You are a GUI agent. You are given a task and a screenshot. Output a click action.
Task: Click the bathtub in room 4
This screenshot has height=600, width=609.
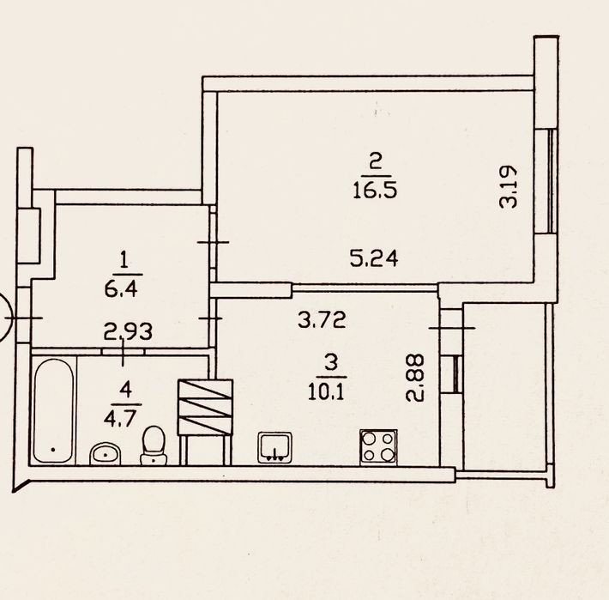point(53,411)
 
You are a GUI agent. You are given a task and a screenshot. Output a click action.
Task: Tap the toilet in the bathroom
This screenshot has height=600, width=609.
point(154,445)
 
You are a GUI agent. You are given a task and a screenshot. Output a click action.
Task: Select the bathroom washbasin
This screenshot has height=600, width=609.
point(105,453)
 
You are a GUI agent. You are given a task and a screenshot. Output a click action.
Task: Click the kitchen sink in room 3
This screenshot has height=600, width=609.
point(275,448)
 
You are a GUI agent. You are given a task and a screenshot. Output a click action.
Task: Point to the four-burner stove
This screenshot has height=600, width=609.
point(378,447)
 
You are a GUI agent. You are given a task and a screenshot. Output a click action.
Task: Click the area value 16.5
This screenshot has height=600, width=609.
point(375,191)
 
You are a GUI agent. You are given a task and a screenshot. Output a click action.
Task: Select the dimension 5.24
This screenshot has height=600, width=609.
point(374,258)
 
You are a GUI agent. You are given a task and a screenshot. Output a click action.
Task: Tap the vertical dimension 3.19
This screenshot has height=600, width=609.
point(509,187)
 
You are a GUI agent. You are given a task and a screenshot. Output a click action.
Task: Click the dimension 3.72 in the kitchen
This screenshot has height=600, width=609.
point(322,320)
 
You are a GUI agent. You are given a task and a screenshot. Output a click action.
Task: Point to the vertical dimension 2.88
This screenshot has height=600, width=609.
point(414,378)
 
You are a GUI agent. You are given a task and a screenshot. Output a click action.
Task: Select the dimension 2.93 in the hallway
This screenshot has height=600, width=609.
point(128,332)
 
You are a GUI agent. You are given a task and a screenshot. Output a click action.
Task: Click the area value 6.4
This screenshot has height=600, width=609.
point(121,289)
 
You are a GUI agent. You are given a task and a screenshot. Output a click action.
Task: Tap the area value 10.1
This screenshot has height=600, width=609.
point(326,392)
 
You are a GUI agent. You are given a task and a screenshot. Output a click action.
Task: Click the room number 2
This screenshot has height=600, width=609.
point(376,161)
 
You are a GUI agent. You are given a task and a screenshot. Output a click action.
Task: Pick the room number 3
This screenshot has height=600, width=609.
point(330,364)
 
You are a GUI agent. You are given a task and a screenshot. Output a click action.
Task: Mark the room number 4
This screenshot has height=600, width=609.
point(125,390)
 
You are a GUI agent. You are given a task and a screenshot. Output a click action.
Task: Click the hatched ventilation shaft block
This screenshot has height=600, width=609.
point(205,407)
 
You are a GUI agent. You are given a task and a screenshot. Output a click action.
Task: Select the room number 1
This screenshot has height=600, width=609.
point(124,260)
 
